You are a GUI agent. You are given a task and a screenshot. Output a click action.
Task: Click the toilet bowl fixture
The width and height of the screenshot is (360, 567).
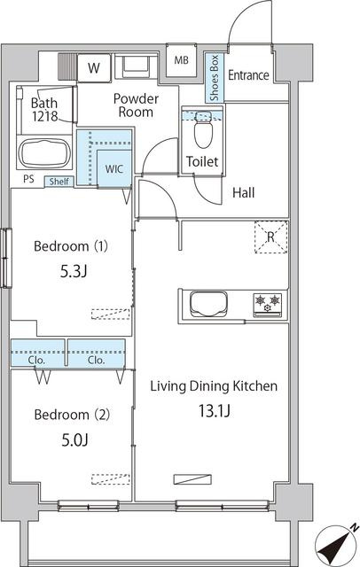(203, 130)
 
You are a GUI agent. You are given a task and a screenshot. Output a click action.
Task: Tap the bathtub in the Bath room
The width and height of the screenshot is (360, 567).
(44, 153)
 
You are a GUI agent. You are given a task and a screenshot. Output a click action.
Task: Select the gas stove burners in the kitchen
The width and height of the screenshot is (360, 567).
(268, 303)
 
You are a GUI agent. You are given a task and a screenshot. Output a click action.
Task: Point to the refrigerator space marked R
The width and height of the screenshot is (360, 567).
(270, 237)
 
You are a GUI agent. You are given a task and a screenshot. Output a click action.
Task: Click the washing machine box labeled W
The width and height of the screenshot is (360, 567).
(94, 67)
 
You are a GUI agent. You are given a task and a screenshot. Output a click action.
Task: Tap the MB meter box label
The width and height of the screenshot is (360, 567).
(181, 60)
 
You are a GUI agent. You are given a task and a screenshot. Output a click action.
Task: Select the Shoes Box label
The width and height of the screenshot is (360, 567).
(215, 78)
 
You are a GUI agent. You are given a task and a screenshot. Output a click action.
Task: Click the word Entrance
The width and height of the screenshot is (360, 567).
(248, 75)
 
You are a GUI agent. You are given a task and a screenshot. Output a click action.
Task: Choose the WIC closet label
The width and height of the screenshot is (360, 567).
(114, 169)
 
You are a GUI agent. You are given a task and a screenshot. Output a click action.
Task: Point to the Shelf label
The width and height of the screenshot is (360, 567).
(59, 181)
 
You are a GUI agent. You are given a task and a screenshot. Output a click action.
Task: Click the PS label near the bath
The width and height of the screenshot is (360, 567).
(29, 179)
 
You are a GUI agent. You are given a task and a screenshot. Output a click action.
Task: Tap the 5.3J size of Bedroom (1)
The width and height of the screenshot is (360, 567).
(74, 271)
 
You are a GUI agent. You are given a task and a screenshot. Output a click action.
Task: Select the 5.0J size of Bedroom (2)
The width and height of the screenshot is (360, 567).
(74, 439)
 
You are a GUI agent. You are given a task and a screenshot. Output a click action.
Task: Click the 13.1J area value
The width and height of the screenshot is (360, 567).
(215, 411)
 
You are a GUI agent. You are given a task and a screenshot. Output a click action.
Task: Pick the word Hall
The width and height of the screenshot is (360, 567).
(244, 192)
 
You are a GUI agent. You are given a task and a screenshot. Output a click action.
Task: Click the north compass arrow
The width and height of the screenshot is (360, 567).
(333, 545)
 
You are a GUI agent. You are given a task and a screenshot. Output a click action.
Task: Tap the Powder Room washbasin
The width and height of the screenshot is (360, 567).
(136, 67)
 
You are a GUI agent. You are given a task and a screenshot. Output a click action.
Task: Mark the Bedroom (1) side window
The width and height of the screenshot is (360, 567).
(6, 258)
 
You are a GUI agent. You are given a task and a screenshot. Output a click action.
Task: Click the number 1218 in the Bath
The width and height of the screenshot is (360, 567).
(44, 116)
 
